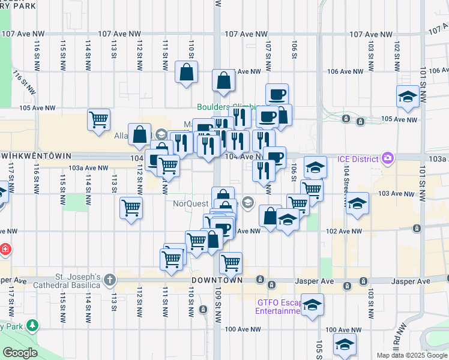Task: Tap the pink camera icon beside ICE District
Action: pos(388,158)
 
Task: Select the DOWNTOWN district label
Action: pos(217,280)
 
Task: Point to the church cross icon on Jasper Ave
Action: pos(109,280)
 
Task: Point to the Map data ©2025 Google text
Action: pos(412,355)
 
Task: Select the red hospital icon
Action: pos(5,249)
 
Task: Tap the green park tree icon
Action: pos(32,326)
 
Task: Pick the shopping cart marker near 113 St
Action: pos(131,208)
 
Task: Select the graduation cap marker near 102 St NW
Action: pos(407,97)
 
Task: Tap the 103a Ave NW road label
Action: pos(88,169)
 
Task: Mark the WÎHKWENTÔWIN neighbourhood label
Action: pos(36,155)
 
